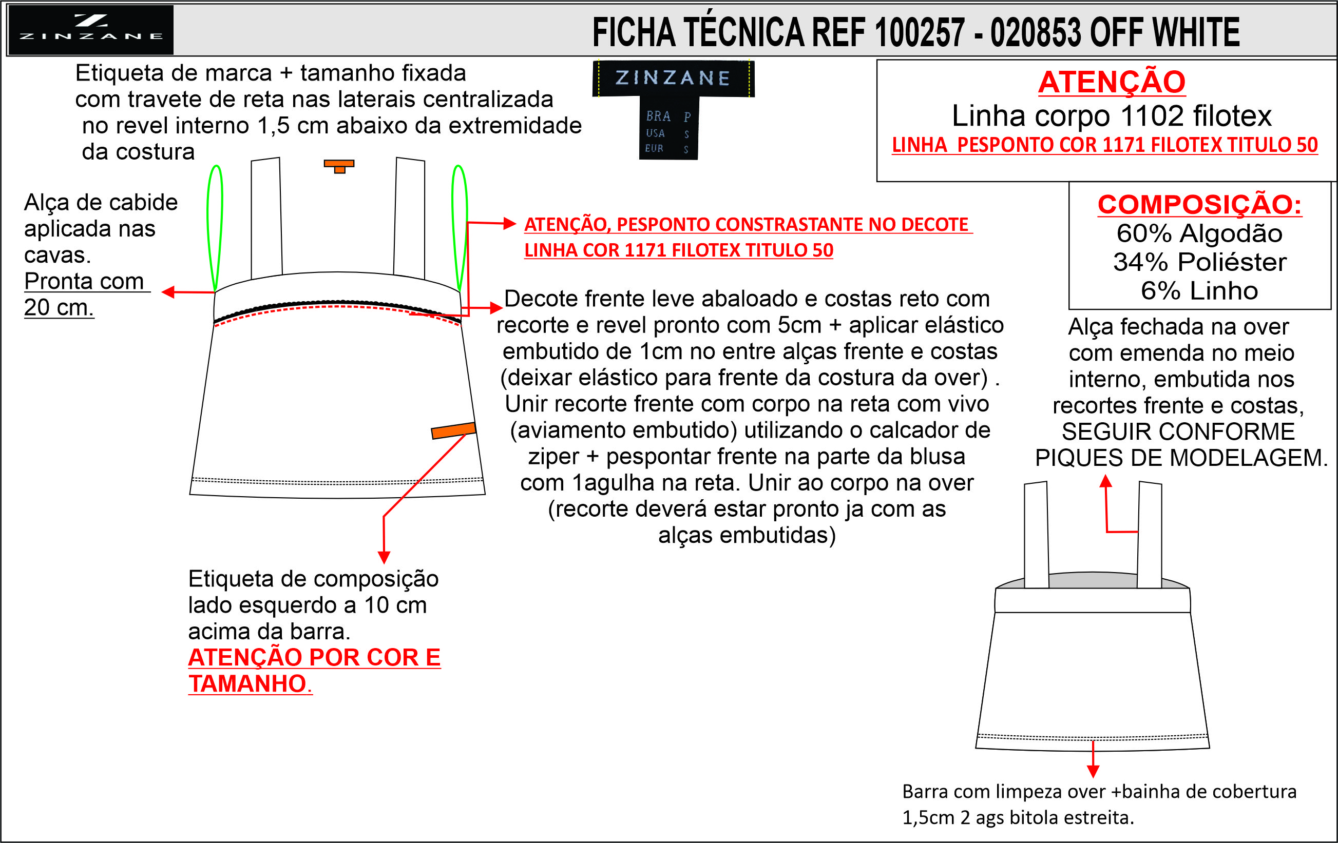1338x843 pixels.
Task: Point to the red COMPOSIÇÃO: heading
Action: [1200, 204]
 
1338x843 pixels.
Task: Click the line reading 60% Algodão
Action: [1200, 233]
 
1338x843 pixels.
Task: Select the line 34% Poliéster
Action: [1200, 262]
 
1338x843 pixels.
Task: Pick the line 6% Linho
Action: [1200, 291]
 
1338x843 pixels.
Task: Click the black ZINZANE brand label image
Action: [673, 110]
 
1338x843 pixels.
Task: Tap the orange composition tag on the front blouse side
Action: [453, 430]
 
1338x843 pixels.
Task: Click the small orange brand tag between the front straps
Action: [339, 166]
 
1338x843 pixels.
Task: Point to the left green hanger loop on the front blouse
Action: [215, 228]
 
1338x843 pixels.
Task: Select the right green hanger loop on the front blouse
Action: [460, 228]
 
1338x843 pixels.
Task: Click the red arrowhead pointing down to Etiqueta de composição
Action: [384, 558]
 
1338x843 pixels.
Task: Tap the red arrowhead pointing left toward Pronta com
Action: [168, 291]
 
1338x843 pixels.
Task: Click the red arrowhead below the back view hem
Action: [1093, 771]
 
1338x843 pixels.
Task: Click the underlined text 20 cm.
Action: [59, 307]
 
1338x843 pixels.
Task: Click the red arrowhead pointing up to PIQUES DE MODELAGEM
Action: [1106, 481]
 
